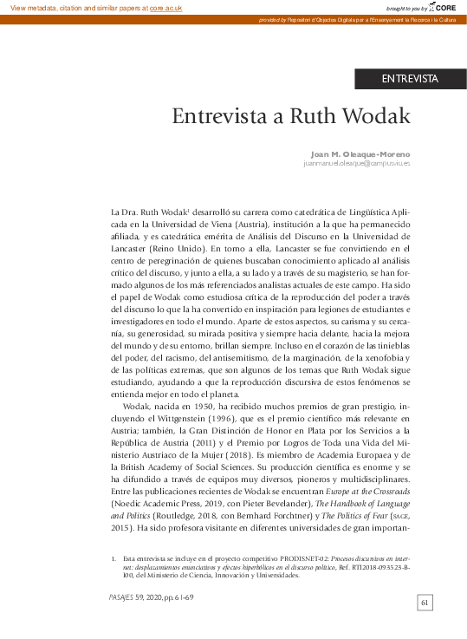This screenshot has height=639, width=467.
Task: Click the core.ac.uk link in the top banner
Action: pos(168,7)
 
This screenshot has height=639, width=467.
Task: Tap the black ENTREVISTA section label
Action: pos(410,79)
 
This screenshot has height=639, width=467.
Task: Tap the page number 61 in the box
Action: pos(425,603)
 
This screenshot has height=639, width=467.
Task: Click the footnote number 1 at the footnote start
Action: pos(114,558)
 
